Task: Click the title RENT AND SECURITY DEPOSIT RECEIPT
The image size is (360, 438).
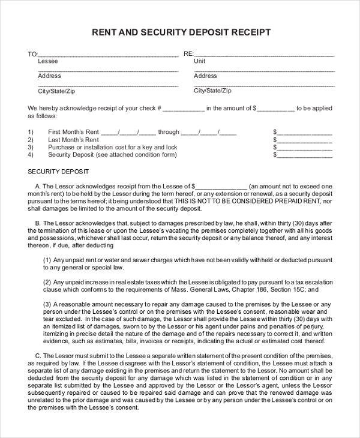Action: point(181,32)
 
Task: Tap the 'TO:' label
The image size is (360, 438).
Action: point(32,54)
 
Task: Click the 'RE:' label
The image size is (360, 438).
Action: point(188,54)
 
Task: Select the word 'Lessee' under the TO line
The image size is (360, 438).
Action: point(48,61)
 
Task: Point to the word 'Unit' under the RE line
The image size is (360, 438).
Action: point(199,61)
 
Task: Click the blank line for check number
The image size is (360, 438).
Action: point(184,109)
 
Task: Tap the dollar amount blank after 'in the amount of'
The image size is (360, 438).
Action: point(276,109)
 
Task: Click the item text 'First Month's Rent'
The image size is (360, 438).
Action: point(73,132)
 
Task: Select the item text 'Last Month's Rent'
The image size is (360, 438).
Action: point(73,140)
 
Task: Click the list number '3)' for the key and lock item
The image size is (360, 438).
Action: point(31,147)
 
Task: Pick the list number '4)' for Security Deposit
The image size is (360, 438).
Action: point(31,155)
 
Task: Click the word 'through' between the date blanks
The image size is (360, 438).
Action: point(169,132)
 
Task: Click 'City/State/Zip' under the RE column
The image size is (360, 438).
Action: point(212,91)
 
